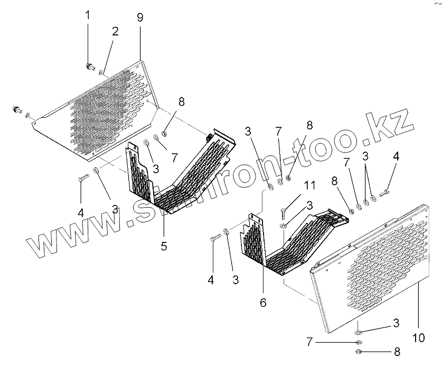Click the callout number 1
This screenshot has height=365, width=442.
[x=88, y=15]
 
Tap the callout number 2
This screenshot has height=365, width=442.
[x=115, y=31]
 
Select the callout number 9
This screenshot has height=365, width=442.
[x=140, y=17]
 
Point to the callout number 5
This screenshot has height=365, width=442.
[x=164, y=246]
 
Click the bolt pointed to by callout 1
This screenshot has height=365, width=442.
[x=89, y=66]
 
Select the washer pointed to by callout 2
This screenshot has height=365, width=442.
[x=101, y=71]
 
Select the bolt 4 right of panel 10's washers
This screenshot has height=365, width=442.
[x=384, y=193]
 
